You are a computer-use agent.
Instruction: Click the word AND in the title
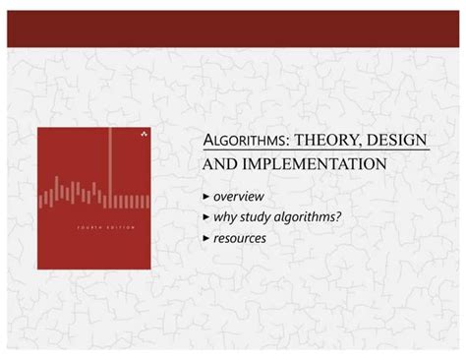pyautogui.click(x=219, y=163)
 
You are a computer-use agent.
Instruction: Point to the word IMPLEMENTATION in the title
pyautogui.click(x=315, y=163)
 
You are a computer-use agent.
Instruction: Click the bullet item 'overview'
pyautogui.click(x=239, y=197)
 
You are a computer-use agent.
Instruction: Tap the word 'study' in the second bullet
pyautogui.click(x=259, y=216)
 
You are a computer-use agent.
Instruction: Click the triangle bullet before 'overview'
pyautogui.click(x=205, y=197)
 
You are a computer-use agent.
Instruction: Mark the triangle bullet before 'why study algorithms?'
pyautogui.click(x=205, y=216)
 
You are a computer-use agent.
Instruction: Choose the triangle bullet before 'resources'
pyautogui.click(x=205, y=237)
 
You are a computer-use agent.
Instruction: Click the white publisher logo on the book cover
pyautogui.click(x=143, y=132)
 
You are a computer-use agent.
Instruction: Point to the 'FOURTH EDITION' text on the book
pyautogui.click(x=94, y=227)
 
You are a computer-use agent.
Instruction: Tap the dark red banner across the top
pyautogui.click(x=233, y=29)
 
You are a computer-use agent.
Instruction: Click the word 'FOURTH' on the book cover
pyautogui.click(x=84, y=227)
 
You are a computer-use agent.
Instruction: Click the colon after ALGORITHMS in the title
pyautogui.click(x=288, y=142)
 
